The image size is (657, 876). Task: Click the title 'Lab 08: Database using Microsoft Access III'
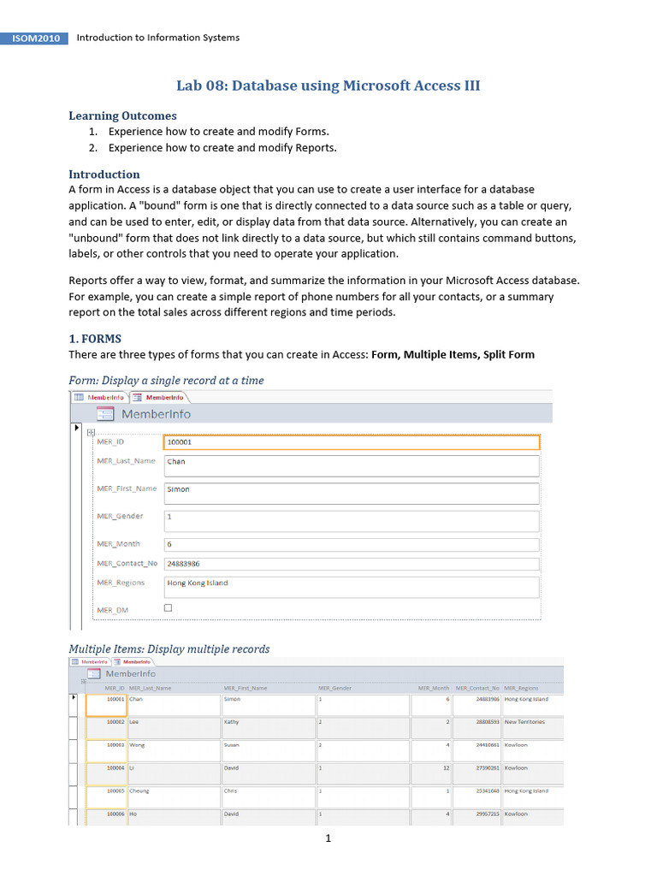(x=328, y=86)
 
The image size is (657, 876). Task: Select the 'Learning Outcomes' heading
(x=122, y=115)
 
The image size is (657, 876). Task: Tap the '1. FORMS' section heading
(x=95, y=339)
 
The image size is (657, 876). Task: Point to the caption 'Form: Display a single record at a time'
(x=166, y=380)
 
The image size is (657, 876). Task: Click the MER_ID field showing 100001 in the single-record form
(x=351, y=442)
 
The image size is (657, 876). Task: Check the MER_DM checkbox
(x=168, y=608)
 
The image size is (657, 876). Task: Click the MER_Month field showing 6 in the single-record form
(x=351, y=544)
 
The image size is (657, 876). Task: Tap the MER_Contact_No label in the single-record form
(x=127, y=564)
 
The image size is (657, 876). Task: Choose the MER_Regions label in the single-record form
(x=121, y=583)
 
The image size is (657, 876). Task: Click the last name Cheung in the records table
(x=140, y=791)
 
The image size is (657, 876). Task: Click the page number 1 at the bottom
(x=328, y=839)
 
